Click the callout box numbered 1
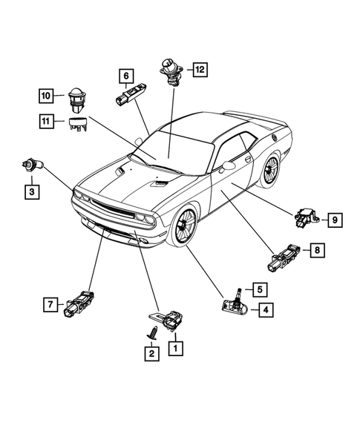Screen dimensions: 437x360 pos(176,346)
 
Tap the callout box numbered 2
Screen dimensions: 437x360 pos(151,355)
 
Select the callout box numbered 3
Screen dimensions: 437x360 pos(31,193)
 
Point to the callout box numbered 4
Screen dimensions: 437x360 pos(264,310)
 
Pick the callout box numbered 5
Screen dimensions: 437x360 pos(262,288)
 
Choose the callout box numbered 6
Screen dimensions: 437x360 pos(126,75)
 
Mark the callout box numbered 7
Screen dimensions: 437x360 pos(50,304)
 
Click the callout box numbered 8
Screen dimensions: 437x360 pos(317,252)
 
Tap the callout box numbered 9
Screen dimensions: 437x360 pos(334,219)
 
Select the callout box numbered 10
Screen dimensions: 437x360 pos(46,95)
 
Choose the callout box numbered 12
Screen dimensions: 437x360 pos(198,70)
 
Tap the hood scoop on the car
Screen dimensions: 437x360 pos(161,183)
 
